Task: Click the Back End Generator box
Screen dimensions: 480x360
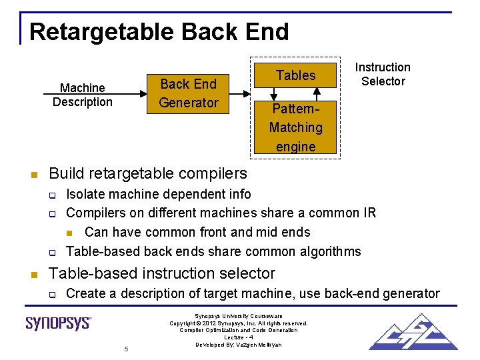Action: [x=189, y=93]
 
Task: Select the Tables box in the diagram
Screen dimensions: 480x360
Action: [x=295, y=76]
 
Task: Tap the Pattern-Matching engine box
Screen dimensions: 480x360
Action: [x=295, y=127]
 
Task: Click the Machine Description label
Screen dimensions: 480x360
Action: [x=83, y=95]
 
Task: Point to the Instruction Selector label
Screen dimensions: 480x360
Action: [x=383, y=74]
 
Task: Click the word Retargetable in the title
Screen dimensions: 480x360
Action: [x=101, y=32]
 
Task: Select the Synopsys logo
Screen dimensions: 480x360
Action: [x=59, y=323]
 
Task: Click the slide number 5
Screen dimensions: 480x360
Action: [x=125, y=349]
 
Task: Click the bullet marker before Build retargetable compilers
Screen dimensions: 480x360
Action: [x=33, y=175]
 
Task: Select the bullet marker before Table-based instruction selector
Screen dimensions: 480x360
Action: [x=33, y=275]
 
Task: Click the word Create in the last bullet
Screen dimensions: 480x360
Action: [x=87, y=293]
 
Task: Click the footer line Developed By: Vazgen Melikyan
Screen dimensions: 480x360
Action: [x=239, y=345]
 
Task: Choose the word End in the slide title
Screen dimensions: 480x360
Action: [x=267, y=32]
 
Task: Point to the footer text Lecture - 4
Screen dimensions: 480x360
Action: [x=239, y=337]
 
